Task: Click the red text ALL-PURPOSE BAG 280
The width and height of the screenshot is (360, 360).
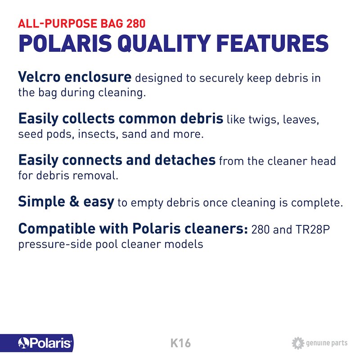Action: click(82, 23)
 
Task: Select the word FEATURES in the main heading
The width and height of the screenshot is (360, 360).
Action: click(273, 43)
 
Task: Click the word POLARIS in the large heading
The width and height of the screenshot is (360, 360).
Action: click(65, 43)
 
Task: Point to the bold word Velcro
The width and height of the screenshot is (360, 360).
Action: click(39, 76)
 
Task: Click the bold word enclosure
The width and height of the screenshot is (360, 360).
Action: click(98, 77)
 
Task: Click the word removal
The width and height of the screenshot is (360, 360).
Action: click(95, 175)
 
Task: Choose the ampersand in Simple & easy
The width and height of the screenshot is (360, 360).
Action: click(74, 201)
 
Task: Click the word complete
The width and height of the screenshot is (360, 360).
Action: click(317, 203)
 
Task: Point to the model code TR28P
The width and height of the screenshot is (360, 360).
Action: click(312, 229)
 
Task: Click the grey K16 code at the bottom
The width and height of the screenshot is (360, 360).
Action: click(180, 343)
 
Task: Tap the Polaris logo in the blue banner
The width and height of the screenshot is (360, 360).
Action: click(45, 343)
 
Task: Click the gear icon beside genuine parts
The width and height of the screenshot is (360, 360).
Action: click(298, 343)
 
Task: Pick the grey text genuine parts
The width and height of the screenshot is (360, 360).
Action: click(327, 343)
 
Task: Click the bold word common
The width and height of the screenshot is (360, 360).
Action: click(148, 118)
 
